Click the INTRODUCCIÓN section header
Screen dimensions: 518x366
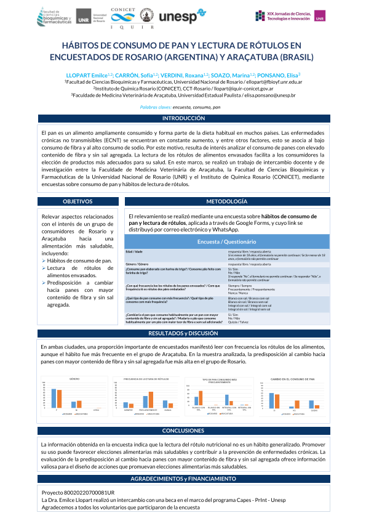click(x=183, y=118)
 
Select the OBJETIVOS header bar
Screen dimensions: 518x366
click(x=78, y=201)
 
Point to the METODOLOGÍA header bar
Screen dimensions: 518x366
click(x=227, y=201)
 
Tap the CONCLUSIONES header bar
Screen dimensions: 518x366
click(x=183, y=431)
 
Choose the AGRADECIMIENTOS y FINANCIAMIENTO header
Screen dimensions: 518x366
click(x=183, y=479)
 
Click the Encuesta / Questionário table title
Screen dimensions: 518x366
click(x=227, y=241)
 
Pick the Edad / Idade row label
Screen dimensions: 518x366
click(x=134, y=252)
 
